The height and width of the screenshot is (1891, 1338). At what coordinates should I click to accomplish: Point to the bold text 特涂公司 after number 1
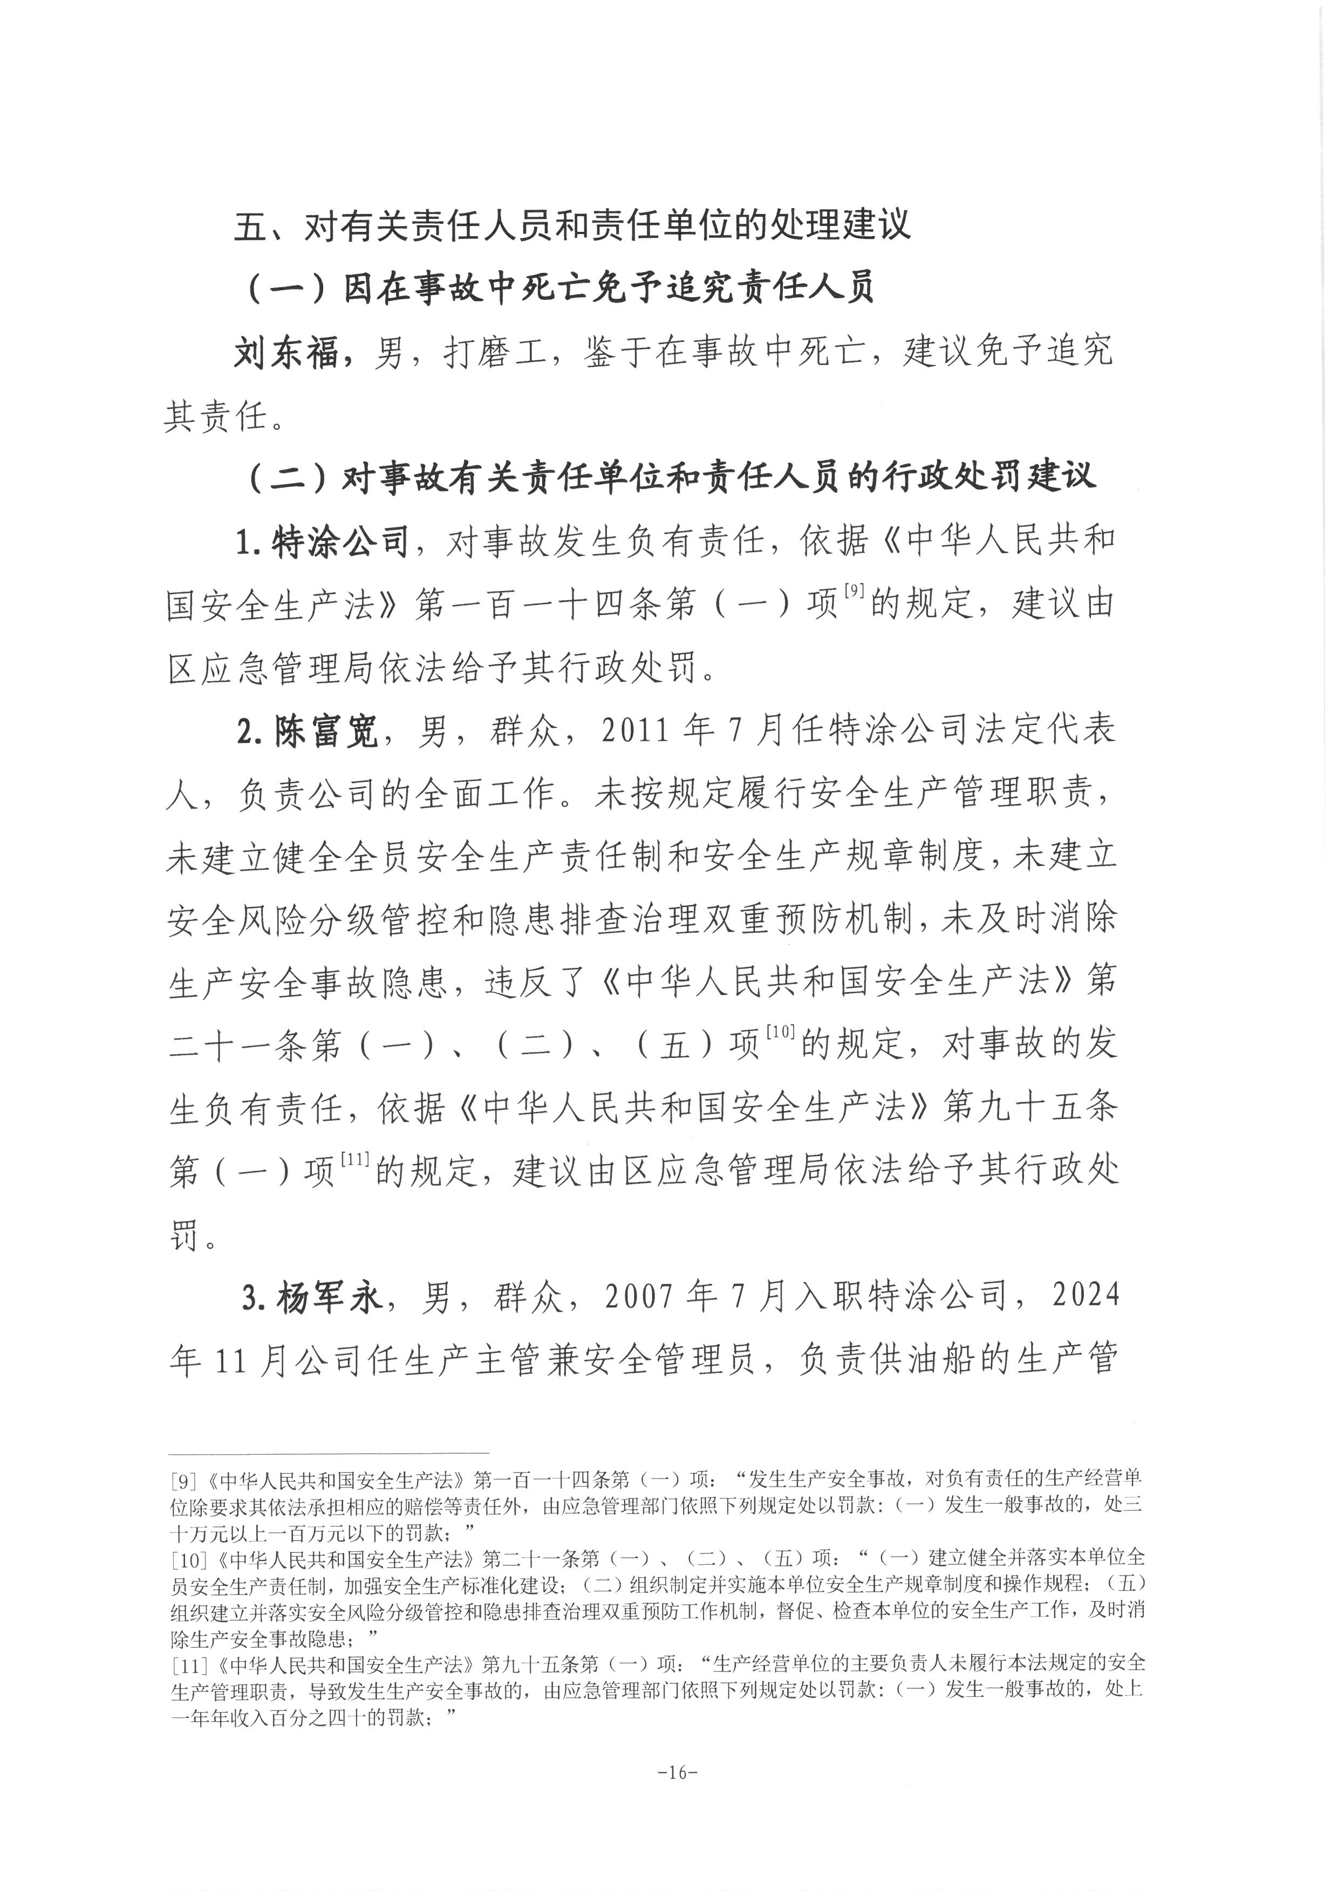pyautogui.click(x=341, y=541)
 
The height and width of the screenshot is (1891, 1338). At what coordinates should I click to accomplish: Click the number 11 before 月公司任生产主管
pyautogui.click(x=231, y=1360)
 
